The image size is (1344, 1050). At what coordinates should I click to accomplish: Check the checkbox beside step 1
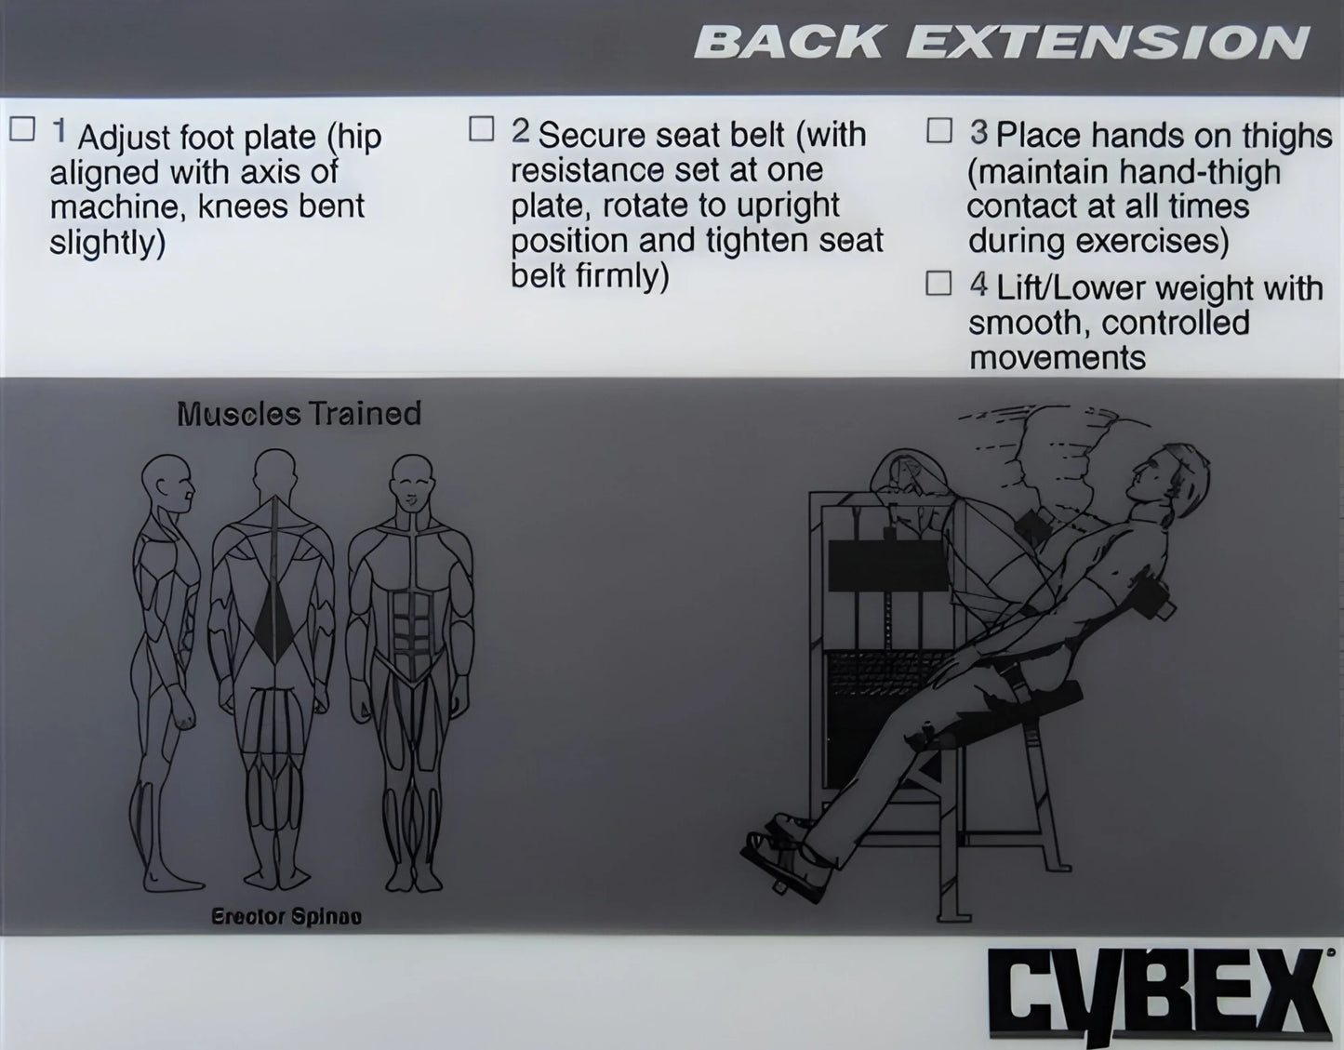tap(22, 129)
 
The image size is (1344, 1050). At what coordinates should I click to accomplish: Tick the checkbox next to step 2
tap(481, 128)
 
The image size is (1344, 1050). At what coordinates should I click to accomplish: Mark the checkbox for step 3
tap(939, 130)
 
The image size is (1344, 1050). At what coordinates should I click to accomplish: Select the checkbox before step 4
tap(938, 283)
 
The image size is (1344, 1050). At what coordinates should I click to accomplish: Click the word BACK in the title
tap(789, 43)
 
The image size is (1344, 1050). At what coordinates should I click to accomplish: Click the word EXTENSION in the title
tap(1107, 43)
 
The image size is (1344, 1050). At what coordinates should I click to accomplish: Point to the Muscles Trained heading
tap(299, 414)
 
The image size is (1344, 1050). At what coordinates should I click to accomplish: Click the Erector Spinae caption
tap(286, 917)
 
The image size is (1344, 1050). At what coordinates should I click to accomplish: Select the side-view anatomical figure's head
tap(168, 482)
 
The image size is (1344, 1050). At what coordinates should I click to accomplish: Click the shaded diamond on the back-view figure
tap(275, 614)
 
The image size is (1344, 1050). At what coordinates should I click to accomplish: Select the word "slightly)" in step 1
tap(107, 243)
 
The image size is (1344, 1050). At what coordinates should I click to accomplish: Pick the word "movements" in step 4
tap(1057, 358)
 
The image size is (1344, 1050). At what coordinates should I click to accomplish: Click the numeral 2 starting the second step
tap(520, 132)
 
